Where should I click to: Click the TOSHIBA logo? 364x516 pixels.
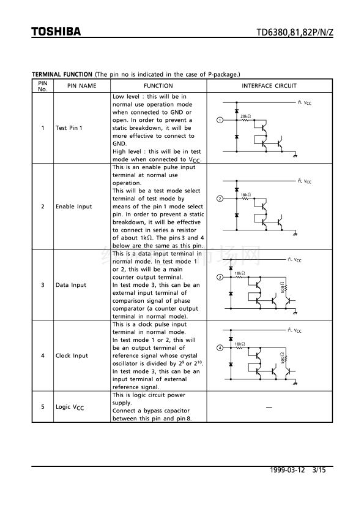point(56,32)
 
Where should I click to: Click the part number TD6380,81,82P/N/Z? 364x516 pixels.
point(295,32)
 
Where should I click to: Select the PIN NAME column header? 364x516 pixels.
point(82,86)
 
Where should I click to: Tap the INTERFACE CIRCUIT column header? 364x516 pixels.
point(269,86)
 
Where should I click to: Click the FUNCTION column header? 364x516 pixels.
point(158,86)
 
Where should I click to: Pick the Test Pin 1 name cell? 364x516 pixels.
point(69,128)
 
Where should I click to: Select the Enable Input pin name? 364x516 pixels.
point(73,207)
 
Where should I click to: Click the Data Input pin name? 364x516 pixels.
point(71,285)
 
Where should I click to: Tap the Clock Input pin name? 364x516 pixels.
point(72,355)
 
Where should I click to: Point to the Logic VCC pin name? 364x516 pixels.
point(70,408)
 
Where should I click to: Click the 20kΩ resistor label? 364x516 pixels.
point(245,116)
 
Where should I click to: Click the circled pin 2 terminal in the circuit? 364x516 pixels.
point(220,199)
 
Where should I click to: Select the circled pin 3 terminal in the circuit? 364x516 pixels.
point(220,277)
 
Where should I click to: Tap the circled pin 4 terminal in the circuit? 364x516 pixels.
point(220,348)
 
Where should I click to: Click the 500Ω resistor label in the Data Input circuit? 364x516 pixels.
point(282,287)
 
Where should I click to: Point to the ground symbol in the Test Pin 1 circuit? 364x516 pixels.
point(295,155)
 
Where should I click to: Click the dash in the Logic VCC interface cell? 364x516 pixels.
point(269,408)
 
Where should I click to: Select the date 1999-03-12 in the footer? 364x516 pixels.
point(288,470)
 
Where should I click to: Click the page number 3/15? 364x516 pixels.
point(319,470)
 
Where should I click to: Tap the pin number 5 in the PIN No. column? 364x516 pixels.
point(43,407)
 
